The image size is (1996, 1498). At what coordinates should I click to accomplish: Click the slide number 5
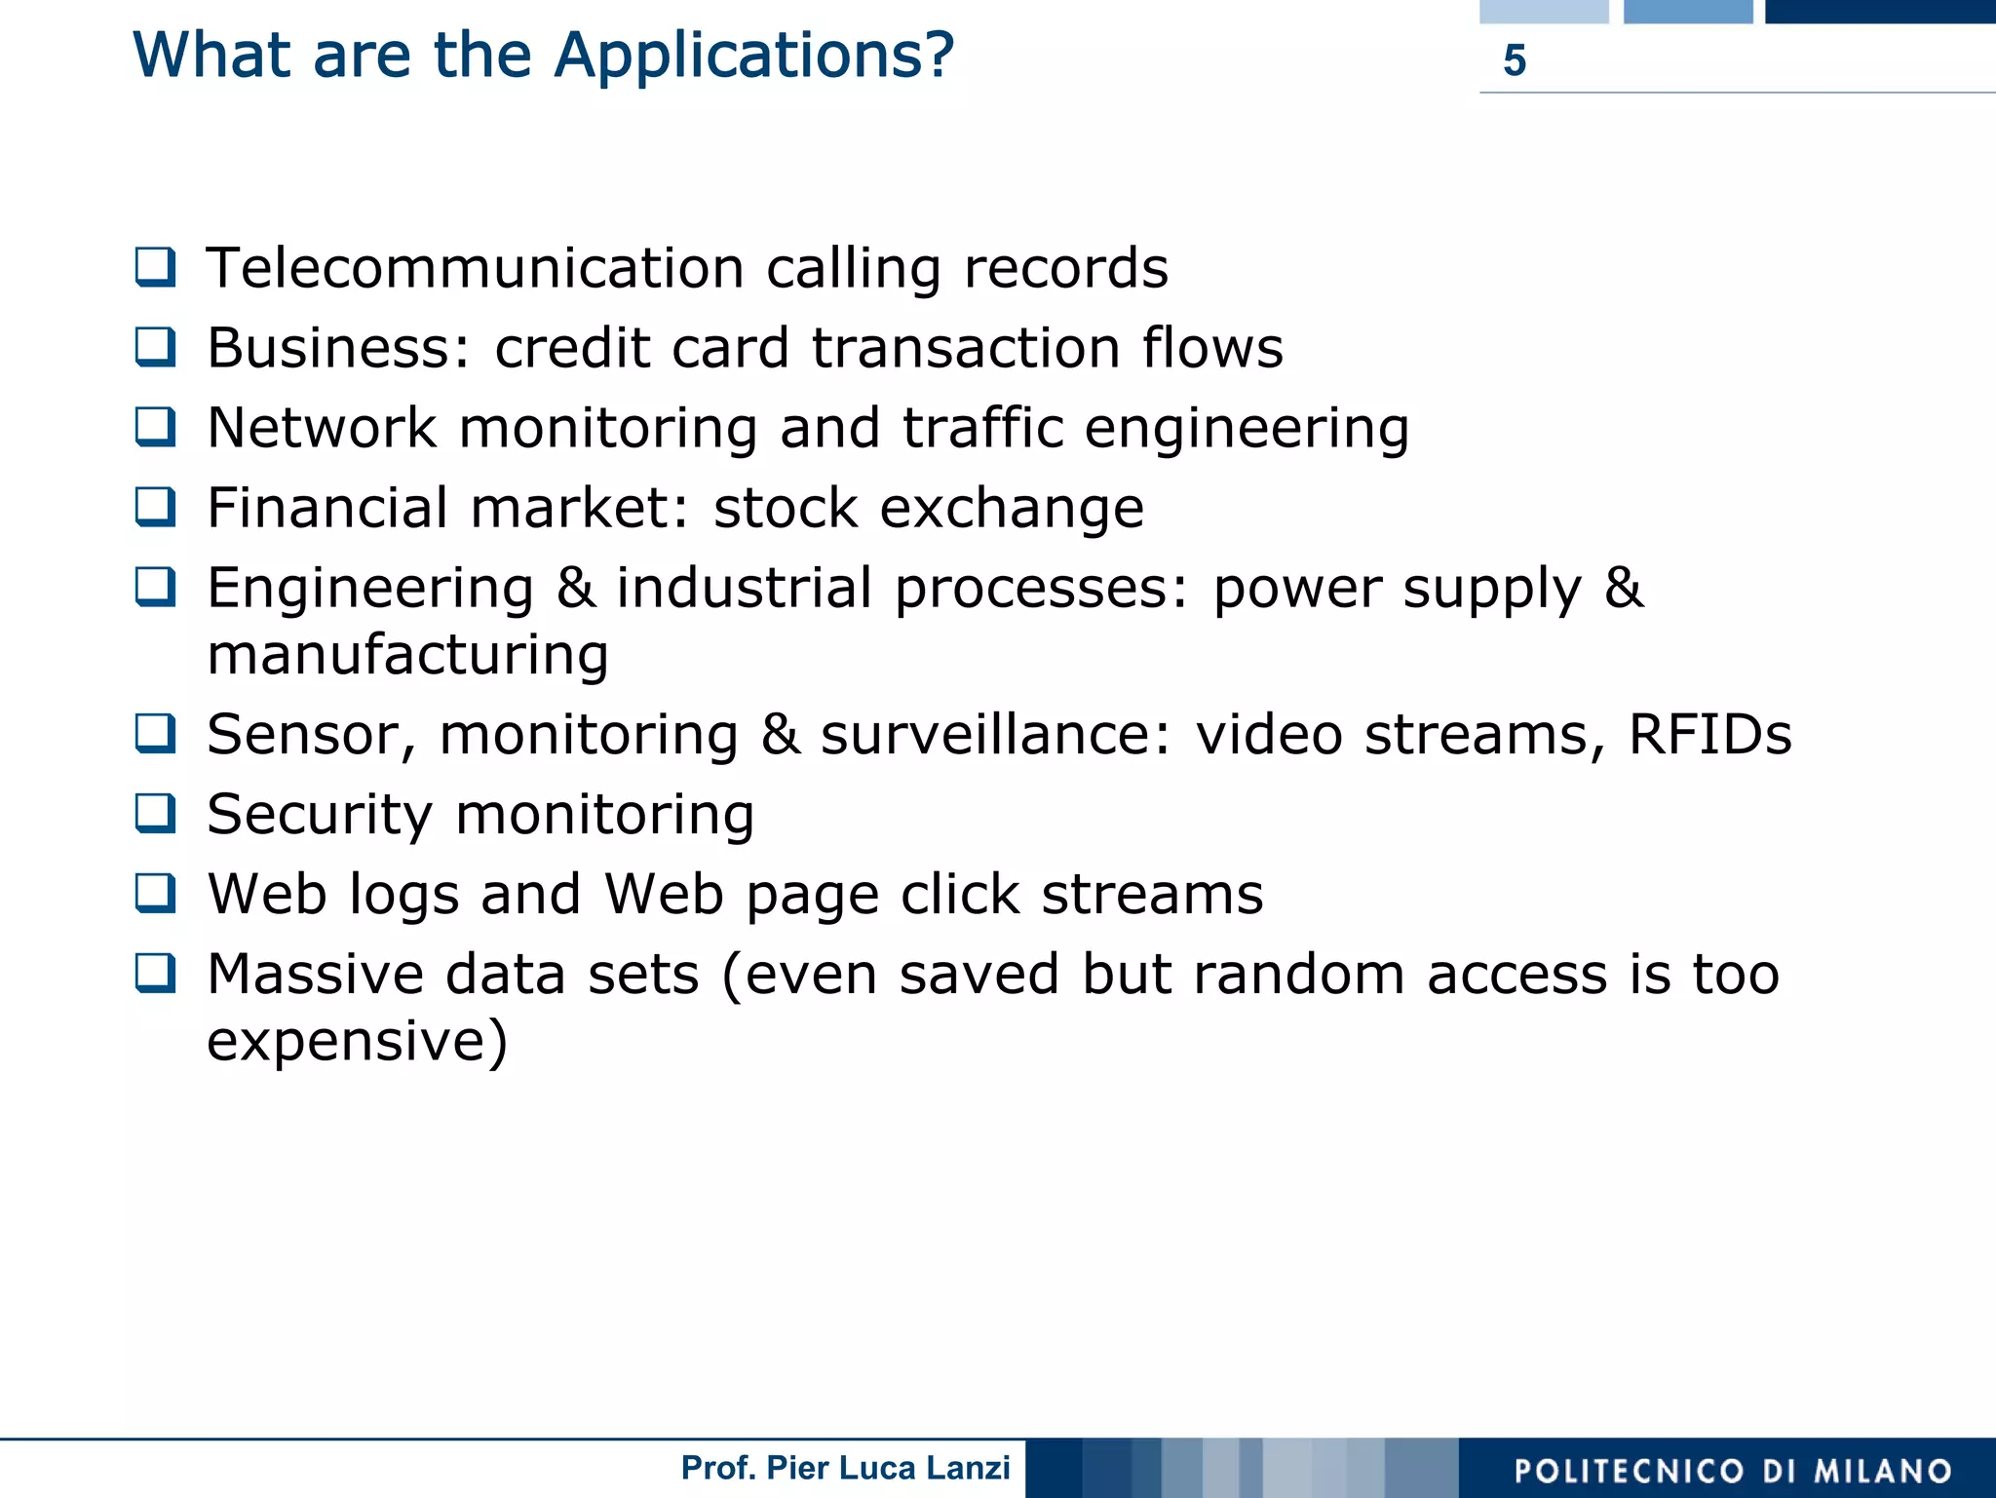pos(1514,60)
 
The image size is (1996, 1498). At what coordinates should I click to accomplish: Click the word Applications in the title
pos(753,56)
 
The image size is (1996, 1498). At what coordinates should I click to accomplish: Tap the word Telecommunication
pos(476,268)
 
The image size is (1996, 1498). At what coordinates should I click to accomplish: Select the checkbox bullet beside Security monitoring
pos(156,813)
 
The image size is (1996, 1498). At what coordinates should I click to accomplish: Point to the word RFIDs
pos(1709,734)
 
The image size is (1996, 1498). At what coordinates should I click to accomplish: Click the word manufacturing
pos(407,654)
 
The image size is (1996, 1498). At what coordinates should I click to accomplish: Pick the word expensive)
pos(357,1040)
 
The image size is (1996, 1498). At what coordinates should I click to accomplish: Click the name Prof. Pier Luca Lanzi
pos(845,1468)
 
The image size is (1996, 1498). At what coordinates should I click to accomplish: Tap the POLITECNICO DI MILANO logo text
pos(1733,1471)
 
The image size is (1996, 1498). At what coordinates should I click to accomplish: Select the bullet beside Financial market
pos(156,507)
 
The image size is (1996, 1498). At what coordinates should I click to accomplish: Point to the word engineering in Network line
pos(1247,429)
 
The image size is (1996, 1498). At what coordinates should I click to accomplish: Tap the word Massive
pos(316,974)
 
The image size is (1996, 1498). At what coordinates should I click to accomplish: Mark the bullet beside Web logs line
pos(156,893)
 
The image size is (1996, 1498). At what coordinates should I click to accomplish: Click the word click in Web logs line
pos(958,894)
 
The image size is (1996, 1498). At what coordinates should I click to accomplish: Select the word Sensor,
pos(311,736)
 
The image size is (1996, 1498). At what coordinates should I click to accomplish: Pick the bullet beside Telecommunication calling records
pos(156,267)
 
